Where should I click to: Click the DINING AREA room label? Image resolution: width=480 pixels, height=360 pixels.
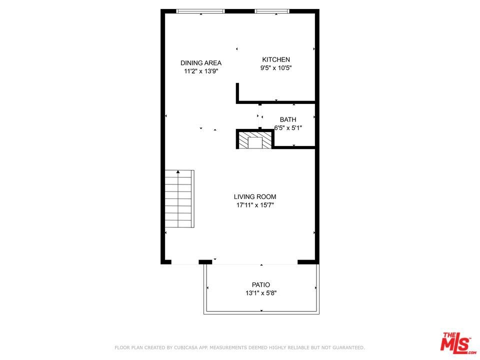[201, 63]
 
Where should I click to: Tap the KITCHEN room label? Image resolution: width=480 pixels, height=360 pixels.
[276, 59]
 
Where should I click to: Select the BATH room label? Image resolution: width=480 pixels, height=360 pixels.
[288, 119]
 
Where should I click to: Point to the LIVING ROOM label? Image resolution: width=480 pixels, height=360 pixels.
[255, 197]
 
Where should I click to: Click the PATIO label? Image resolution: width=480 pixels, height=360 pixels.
[261, 285]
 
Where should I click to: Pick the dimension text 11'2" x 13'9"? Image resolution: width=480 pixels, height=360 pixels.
[201, 71]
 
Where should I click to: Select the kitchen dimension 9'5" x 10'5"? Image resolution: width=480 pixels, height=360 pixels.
[276, 68]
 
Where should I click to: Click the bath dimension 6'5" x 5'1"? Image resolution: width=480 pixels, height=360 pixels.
[288, 128]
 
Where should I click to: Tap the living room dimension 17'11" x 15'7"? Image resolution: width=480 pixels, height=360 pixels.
[255, 205]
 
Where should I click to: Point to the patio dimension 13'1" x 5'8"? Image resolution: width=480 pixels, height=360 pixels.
[261, 293]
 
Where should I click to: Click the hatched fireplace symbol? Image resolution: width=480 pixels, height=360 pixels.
[255, 140]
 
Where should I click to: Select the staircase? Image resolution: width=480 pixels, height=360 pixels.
[179, 199]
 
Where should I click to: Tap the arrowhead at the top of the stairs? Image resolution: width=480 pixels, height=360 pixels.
[178, 172]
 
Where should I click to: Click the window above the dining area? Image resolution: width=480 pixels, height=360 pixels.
[200, 11]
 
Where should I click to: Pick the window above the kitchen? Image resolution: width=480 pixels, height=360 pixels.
[272, 11]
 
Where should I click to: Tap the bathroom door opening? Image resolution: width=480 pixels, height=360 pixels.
[260, 116]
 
